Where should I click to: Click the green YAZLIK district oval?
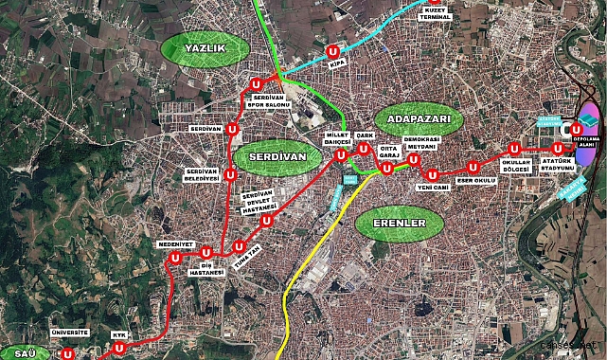point(197,49)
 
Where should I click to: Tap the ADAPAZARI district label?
point(419,121)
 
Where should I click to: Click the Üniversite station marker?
point(68,352)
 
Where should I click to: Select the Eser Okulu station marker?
point(473,168)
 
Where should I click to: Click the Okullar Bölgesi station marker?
point(513,148)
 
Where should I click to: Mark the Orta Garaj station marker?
point(385,169)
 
